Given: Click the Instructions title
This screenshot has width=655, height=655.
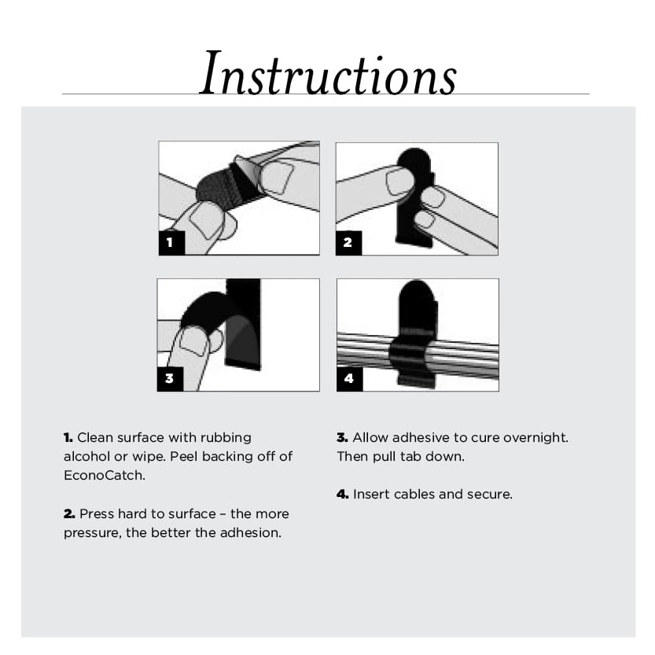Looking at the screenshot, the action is click(x=328, y=74).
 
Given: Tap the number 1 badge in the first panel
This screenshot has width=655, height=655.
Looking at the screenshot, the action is click(x=171, y=242).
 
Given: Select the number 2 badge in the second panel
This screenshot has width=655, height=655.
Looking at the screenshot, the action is click(x=349, y=242).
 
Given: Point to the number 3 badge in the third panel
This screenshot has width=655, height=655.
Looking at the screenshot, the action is click(x=170, y=378).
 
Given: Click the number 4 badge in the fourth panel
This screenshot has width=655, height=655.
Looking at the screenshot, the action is click(x=350, y=378).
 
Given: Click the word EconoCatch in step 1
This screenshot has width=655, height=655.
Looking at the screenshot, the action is click(x=104, y=476).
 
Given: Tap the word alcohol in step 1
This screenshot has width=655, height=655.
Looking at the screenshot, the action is click(x=86, y=456).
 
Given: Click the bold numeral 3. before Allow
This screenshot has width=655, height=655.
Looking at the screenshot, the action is click(x=343, y=437).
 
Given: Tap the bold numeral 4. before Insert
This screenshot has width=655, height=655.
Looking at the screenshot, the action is click(x=343, y=494).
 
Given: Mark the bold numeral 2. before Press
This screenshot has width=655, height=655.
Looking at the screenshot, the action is click(x=69, y=513).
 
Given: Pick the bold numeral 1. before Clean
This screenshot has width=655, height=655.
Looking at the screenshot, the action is click(x=68, y=437).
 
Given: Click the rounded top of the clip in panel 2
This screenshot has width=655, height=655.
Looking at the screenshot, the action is click(x=414, y=160).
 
